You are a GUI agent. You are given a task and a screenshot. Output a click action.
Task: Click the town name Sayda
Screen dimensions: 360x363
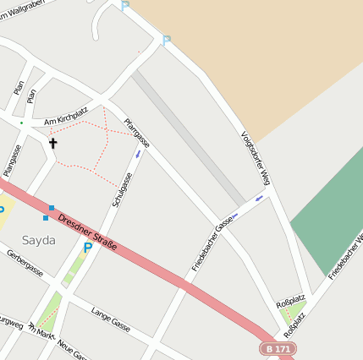click(x=39, y=240)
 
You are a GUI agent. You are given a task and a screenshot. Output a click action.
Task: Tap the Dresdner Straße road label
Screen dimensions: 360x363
click(x=87, y=233)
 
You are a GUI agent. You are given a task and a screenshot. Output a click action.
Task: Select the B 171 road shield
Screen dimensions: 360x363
click(x=277, y=348)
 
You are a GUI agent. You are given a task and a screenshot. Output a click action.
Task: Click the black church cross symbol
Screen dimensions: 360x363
click(x=53, y=143)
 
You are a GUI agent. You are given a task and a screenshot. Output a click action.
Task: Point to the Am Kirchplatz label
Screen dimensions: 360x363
click(x=66, y=115)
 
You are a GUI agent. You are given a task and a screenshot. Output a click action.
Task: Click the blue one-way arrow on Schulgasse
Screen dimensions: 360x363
click(x=138, y=153)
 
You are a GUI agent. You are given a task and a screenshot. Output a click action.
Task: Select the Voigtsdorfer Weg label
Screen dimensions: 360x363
click(x=255, y=158)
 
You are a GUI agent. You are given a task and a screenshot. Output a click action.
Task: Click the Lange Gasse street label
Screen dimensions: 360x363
click(x=110, y=319)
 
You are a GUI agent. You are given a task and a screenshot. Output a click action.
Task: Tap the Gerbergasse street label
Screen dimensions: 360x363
click(x=25, y=266)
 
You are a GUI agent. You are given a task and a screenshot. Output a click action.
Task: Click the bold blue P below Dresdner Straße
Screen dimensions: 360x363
click(x=87, y=248)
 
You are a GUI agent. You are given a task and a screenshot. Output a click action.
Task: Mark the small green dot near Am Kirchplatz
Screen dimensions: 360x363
click(x=22, y=123)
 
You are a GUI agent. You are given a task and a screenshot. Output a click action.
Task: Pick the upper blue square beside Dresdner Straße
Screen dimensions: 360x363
click(x=52, y=207)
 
